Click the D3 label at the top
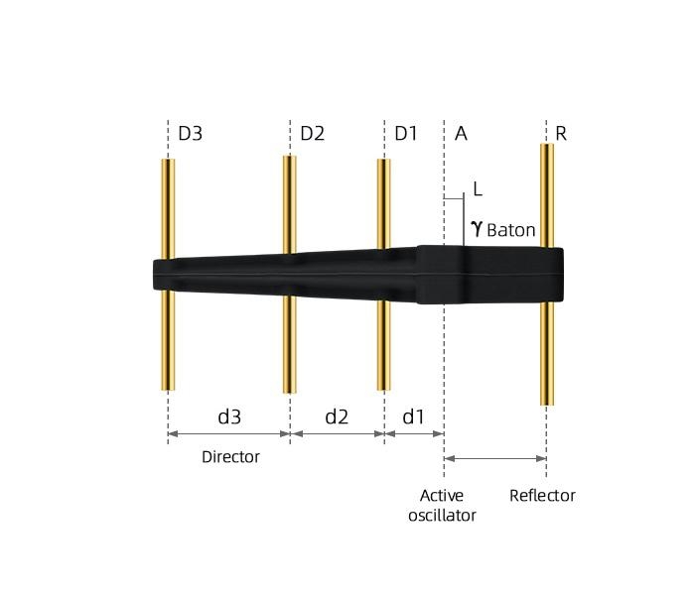pyautogui.click(x=191, y=133)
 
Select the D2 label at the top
pyautogui.click(x=313, y=133)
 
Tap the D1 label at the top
pyautogui.click(x=406, y=133)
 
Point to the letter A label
pyautogui.click(x=461, y=133)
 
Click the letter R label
pyautogui.click(x=561, y=133)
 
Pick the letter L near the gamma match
pyautogui.click(x=478, y=189)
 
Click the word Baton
pyautogui.click(x=511, y=230)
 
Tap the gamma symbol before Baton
pyautogui.click(x=477, y=229)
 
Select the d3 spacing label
pyautogui.click(x=229, y=416)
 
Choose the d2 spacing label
pyautogui.click(x=337, y=416)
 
